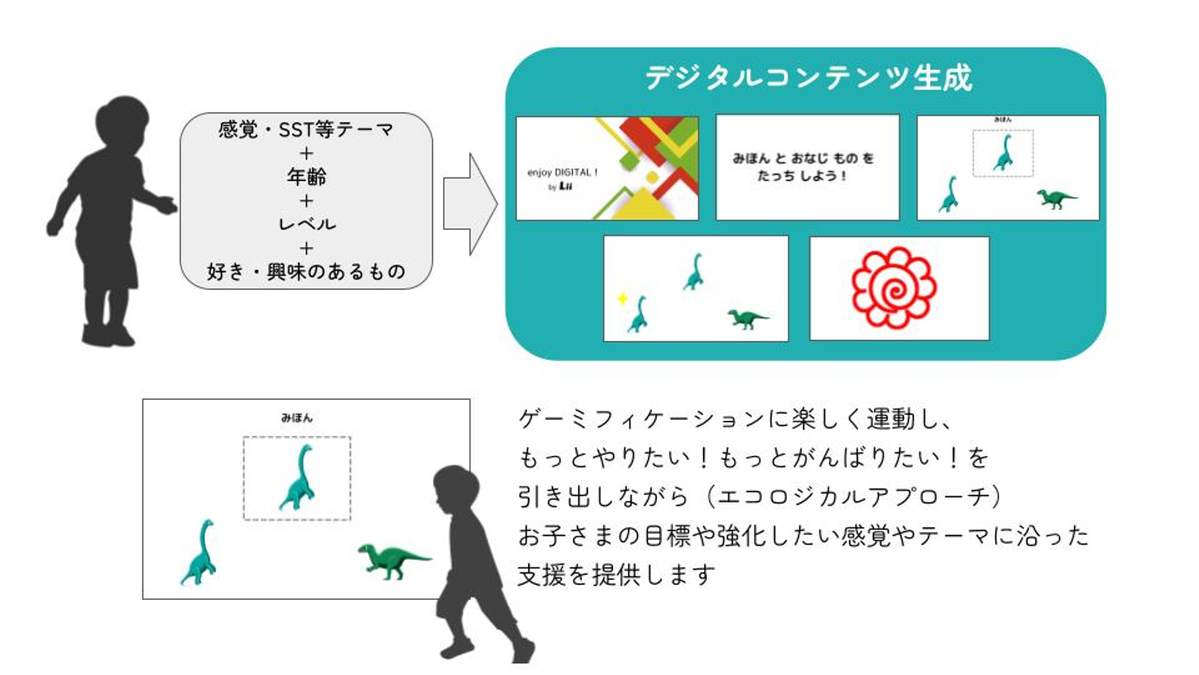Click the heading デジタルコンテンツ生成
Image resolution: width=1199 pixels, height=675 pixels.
(x=807, y=78)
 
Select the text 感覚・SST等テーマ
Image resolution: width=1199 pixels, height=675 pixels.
(x=306, y=131)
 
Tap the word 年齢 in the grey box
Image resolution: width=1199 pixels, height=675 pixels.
(x=306, y=177)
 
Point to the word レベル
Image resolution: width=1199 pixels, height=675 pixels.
(x=306, y=223)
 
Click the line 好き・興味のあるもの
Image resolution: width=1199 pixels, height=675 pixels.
(x=306, y=271)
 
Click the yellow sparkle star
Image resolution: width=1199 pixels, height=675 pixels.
(x=621, y=298)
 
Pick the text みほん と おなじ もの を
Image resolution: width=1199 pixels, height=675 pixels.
(x=803, y=158)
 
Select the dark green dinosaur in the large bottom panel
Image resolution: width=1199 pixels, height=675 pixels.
(x=393, y=560)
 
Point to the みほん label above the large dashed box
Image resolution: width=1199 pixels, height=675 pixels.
(x=296, y=418)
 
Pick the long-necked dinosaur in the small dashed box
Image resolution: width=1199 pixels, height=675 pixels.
(x=1003, y=154)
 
